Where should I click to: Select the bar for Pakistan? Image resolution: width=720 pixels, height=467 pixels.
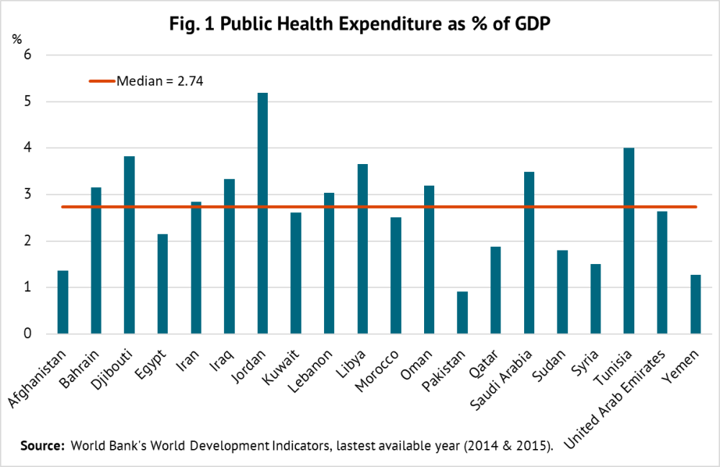click(x=462, y=312)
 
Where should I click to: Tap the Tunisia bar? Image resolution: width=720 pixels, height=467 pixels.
click(x=629, y=240)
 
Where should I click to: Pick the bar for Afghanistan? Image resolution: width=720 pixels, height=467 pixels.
click(x=63, y=302)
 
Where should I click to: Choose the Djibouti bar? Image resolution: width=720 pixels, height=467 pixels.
click(x=129, y=245)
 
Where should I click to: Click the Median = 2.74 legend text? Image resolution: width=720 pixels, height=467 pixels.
click(x=160, y=81)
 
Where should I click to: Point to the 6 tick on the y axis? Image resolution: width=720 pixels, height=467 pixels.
click(x=29, y=55)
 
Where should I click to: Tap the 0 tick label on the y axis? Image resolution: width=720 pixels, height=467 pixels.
click(x=29, y=334)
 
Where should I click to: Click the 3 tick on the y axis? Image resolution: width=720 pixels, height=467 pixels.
click(x=29, y=195)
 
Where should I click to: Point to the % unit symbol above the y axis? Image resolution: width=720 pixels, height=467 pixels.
click(x=17, y=38)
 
